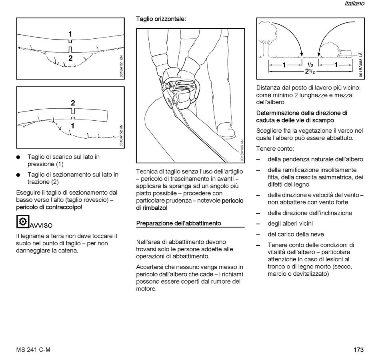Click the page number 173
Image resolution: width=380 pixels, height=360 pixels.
click(358, 350)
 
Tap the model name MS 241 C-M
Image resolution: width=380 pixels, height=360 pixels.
click(34, 350)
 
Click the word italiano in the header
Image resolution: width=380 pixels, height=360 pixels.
click(354, 4)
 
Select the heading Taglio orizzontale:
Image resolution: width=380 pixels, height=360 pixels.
click(161, 19)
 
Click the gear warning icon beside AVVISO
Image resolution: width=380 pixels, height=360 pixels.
click(22, 221)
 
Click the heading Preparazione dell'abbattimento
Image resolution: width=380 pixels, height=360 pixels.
click(178, 223)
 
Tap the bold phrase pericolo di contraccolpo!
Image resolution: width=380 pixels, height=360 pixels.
click(49, 207)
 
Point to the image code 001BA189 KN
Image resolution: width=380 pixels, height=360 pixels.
click(242, 151)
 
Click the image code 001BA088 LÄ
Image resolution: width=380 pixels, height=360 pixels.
click(360, 65)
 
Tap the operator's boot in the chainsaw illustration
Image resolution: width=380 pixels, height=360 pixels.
click(226, 131)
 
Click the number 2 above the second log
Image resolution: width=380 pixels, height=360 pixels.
click(73, 103)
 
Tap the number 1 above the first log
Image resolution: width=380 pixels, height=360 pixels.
click(70, 34)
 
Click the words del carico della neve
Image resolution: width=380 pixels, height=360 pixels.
click(296, 234)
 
